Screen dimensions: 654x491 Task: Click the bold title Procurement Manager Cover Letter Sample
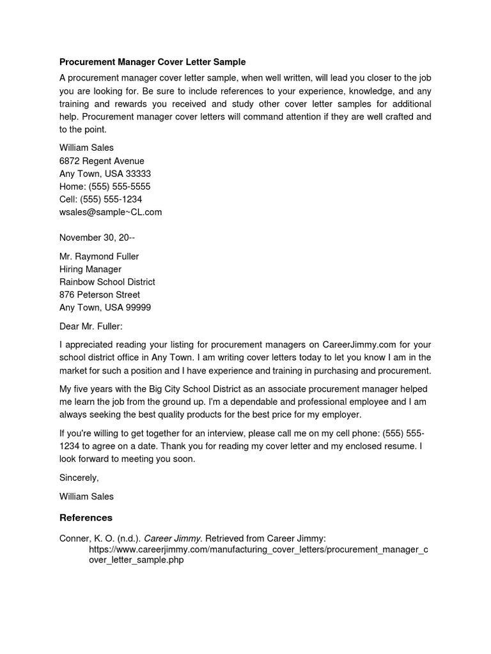pyautogui.click(x=152, y=62)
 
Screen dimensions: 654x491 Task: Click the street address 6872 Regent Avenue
pyautogui.click(x=102, y=161)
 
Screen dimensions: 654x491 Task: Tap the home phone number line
pyautogui.click(x=105, y=186)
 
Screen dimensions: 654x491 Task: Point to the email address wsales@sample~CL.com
pyautogui.click(x=111, y=212)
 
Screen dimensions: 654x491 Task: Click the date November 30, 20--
pyautogui.click(x=97, y=238)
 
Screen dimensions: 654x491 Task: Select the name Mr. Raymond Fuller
pyautogui.click(x=99, y=256)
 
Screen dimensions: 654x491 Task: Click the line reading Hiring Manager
pyautogui.click(x=90, y=269)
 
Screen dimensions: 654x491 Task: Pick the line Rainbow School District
pyautogui.click(x=107, y=282)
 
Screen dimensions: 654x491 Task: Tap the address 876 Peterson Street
pyautogui.click(x=100, y=294)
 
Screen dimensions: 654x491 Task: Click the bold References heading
pyautogui.click(x=86, y=517)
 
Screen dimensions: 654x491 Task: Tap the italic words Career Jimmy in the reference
pyautogui.click(x=171, y=538)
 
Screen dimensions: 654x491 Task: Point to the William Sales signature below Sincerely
pyautogui.click(x=86, y=496)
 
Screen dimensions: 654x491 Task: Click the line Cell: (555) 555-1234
pyautogui.click(x=100, y=199)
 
